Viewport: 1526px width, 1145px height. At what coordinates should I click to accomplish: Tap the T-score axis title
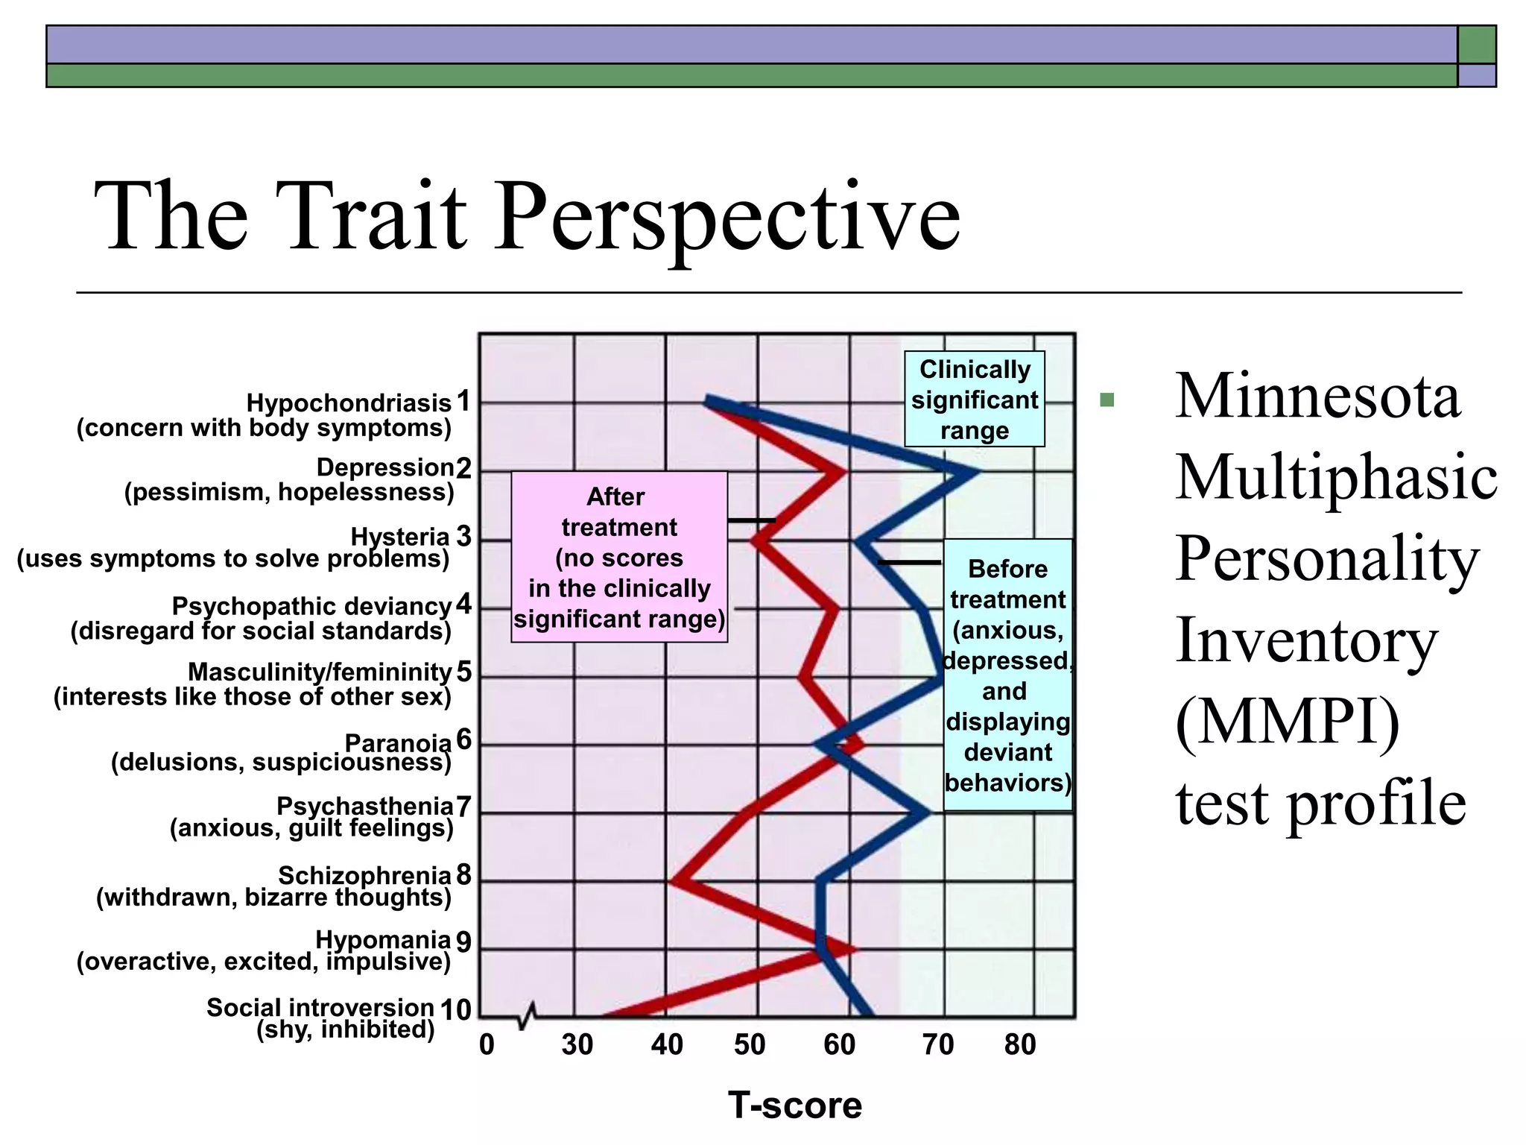(794, 1105)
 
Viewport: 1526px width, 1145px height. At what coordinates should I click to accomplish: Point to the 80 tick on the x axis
(1020, 1045)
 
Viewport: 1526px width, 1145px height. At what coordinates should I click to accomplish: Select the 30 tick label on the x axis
(577, 1045)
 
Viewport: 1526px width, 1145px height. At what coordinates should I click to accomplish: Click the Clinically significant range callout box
(974, 400)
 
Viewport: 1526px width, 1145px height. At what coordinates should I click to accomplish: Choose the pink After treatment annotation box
(618, 557)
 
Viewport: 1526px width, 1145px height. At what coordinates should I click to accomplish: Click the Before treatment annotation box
(1007, 675)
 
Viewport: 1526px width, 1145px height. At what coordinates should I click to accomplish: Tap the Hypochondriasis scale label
(348, 403)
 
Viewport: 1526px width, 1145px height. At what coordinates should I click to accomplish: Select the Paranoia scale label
(397, 743)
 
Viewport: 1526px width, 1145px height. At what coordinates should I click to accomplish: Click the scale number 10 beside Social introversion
(455, 1010)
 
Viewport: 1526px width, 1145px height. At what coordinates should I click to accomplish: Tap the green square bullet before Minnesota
(1106, 400)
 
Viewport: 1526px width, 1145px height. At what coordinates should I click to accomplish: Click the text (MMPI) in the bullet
(1287, 722)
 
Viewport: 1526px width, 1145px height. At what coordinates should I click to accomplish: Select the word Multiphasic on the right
(1336, 477)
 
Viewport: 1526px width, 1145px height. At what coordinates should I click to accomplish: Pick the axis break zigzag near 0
(527, 1015)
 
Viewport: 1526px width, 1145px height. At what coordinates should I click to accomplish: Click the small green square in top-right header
(1476, 45)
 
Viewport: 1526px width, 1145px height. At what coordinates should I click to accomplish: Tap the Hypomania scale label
(382, 940)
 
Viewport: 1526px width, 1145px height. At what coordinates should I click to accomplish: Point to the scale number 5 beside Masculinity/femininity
(464, 672)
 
